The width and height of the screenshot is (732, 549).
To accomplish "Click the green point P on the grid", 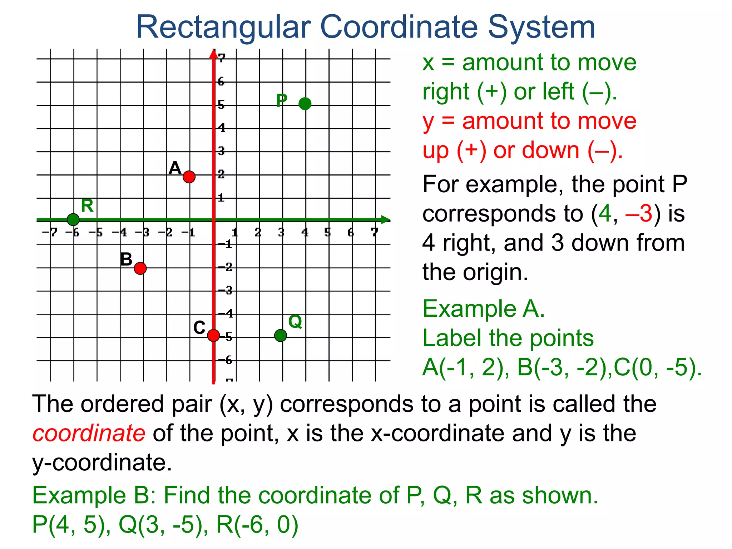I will coord(305,104).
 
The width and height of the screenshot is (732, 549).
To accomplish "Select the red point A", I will coord(189,177).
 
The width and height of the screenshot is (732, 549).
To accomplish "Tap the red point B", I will coord(140,268).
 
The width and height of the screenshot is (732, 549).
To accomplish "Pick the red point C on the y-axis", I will coord(213,335).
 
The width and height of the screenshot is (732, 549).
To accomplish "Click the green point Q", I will coord(281,335).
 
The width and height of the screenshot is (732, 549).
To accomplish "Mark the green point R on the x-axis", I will coord(73,219).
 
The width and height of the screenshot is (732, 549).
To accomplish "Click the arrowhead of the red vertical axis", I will coord(213,54).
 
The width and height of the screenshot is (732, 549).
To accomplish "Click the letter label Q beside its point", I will coord(295,322).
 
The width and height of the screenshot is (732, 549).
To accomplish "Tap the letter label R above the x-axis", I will coord(87,206).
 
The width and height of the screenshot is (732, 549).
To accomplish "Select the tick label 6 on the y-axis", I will coord(221,81).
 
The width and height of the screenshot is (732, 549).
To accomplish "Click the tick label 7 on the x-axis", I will coord(374,232).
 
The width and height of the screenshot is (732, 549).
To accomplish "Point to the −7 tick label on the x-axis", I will coord(50,232).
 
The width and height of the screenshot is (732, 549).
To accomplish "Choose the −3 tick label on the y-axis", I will coord(226,290).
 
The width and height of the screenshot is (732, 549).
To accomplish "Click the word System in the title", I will coord(541,27).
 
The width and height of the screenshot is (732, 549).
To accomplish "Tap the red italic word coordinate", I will coord(89,433).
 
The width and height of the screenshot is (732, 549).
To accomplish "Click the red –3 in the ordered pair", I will coord(639,214).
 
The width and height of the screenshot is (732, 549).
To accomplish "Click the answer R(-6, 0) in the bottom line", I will coord(257,525).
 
